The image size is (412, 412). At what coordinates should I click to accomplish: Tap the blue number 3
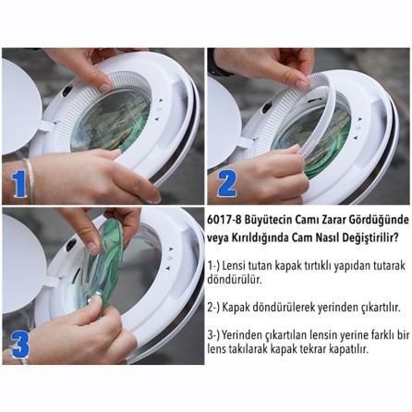pos(19,343)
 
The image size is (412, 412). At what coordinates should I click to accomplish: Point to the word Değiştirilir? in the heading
pos(377,234)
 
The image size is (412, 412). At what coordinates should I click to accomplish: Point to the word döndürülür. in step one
pos(235,279)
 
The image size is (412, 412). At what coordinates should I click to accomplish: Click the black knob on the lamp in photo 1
pos(67,91)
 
